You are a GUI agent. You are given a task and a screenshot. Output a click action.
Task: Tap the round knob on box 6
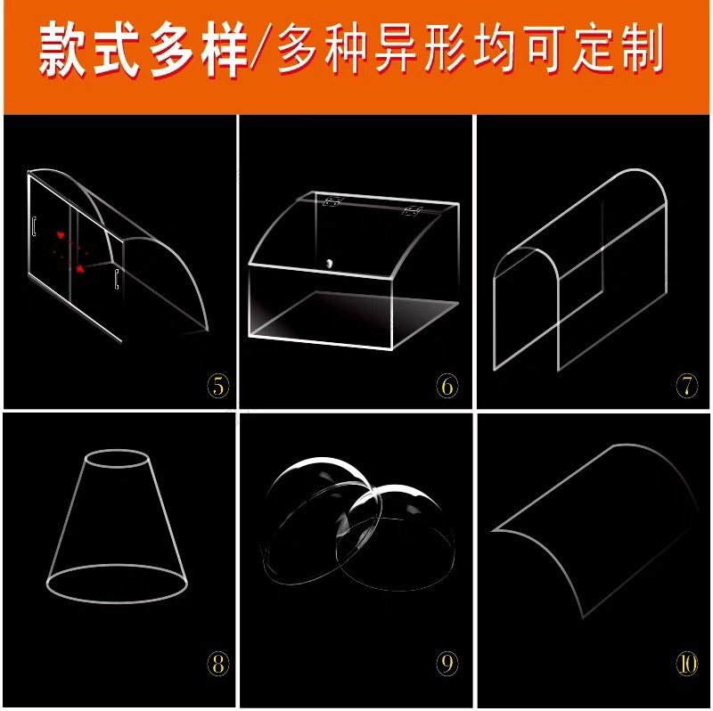point(330,263)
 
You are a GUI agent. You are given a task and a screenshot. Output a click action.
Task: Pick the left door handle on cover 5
point(34,227)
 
